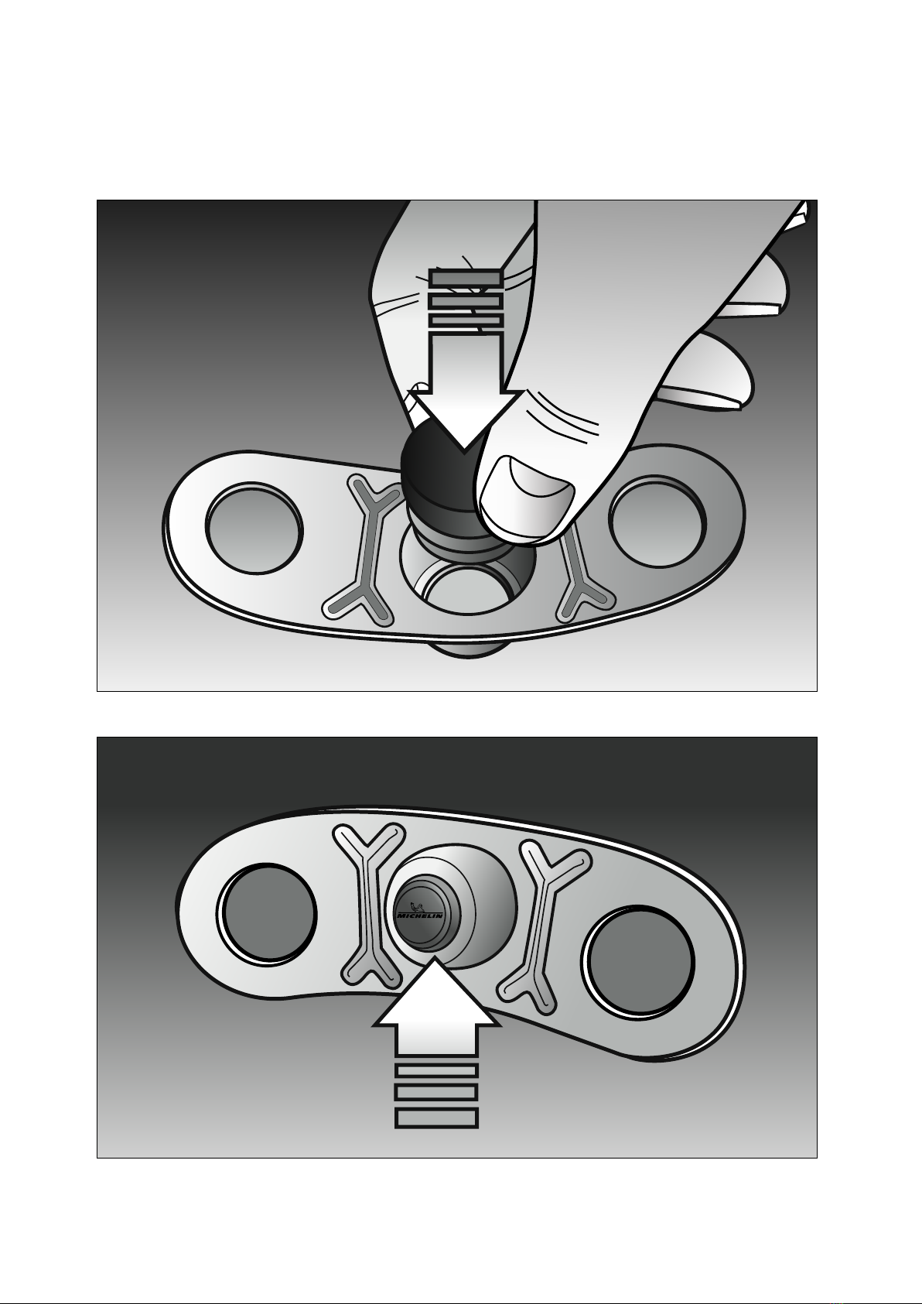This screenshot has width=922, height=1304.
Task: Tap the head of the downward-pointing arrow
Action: [x=463, y=418]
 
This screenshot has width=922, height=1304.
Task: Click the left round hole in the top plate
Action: [x=254, y=528]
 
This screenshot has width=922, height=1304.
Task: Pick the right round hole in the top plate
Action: [x=657, y=521]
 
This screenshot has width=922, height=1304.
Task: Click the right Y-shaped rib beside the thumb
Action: [x=582, y=577]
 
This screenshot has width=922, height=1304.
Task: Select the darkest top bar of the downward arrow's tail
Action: [x=466, y=278]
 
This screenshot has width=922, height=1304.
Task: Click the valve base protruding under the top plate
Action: [x=468, y=649]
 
